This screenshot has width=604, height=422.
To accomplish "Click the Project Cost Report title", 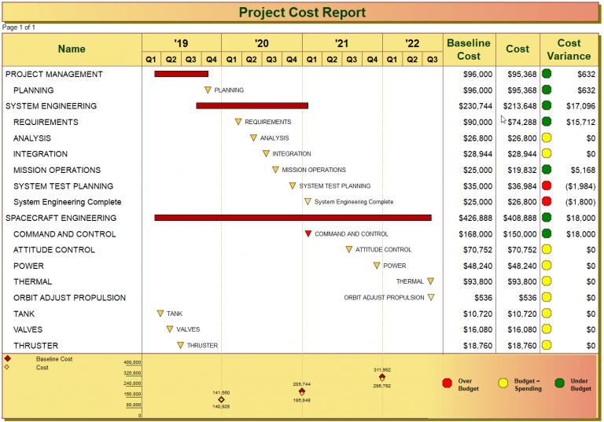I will (302, 13).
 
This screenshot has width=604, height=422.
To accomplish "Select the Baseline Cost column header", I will (469, 50).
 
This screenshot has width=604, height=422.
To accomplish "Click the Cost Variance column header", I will (569, 50).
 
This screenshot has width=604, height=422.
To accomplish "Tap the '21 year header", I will (341, 43).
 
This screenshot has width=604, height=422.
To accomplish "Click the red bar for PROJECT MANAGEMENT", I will (181, 74).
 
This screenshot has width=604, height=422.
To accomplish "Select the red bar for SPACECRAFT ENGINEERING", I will (293, 218).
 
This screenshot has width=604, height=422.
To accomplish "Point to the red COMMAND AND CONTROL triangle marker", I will (308, 234).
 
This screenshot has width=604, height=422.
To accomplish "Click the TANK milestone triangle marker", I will (160, 314).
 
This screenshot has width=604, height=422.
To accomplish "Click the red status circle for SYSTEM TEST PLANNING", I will (547, 186).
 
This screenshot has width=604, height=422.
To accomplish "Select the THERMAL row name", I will (33, 282).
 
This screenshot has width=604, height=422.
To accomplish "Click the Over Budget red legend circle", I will (447, 383).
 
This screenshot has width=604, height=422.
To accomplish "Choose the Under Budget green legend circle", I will (559, 383).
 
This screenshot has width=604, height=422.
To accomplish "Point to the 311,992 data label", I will (382, 369).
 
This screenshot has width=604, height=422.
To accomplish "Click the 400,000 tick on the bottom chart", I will (132, 362).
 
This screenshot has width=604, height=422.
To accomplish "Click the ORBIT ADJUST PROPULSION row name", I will (69, 298).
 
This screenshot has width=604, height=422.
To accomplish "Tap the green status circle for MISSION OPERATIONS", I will (547, 170).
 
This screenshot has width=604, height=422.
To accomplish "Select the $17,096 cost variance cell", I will (580, 106).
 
